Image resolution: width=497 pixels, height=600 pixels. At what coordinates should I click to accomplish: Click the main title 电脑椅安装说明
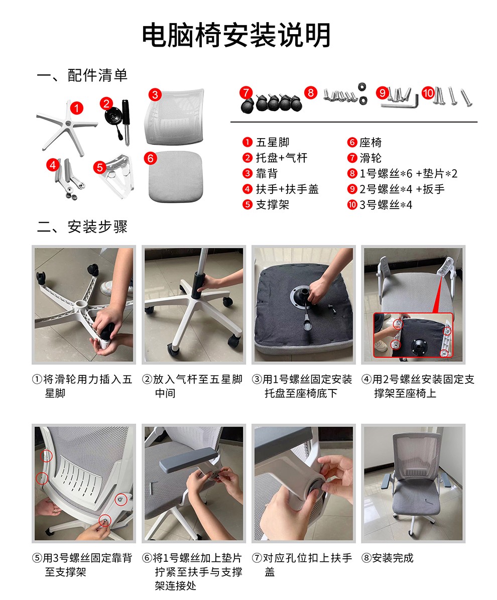(236, 35)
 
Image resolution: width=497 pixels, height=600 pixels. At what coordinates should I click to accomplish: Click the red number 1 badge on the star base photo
(77, 108)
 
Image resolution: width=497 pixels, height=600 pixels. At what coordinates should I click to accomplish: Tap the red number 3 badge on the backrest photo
(155, 94)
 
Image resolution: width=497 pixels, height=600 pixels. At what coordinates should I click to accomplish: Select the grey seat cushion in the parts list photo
(176, 176)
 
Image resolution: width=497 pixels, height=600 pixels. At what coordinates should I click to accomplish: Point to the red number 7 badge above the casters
(246, 92)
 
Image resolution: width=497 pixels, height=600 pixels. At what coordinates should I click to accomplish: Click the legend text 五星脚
(272, 142)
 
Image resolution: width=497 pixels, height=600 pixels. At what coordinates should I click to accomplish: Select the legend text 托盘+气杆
(281, 158)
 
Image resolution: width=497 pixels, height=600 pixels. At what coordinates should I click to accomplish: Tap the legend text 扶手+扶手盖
(287, 189)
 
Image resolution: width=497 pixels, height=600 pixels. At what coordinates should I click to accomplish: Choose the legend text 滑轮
(370, 158)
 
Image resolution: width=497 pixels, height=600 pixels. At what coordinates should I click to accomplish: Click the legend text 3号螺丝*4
(386, 205)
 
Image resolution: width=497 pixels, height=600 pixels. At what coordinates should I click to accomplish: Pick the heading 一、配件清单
(82, 75)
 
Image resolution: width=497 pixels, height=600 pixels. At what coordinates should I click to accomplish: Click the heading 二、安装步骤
(82, 227)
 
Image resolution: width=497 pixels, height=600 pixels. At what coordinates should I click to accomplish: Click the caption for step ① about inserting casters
(82, 386)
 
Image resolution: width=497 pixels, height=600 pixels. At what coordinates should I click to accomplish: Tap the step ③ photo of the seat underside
(304, 305)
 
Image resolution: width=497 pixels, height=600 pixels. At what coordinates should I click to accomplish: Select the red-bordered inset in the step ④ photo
(413, 336)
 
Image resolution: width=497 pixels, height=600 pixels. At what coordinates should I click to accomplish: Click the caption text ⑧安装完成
(388, 558)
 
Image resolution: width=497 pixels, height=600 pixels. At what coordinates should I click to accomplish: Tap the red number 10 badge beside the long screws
(428, 92)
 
